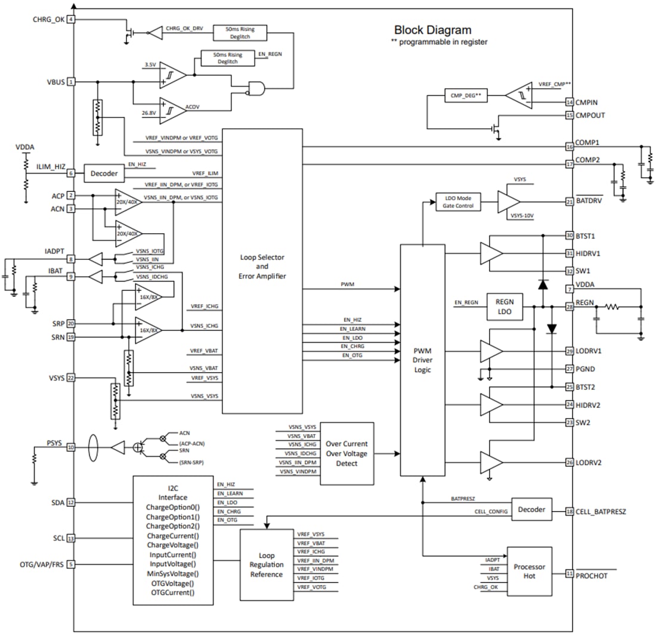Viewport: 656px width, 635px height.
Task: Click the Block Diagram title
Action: pyautogui.click(x=432, y=30)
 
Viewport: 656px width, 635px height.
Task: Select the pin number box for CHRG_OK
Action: pyautogui.click(x=72, y=20)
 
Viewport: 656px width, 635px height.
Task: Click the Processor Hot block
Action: pyautogui.click(x=529, y=571)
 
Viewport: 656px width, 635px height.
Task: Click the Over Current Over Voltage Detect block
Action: pyautogui.click(x=346, y=453)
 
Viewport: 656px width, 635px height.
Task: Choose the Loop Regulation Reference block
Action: pyautogui.click(x=267, y=564)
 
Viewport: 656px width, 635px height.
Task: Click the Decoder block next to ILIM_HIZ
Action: pyautogui.click(x=104, y=173)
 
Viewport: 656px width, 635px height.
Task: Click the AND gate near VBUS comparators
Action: pyautogui.click(x=257, y=88)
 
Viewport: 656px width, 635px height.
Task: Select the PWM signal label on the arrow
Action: pyautogui.click(x=348, y=284)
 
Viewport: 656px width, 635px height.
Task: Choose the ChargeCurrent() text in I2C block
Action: pyautogui.click(x=172, y=535)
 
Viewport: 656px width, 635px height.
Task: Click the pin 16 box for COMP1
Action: pyautogui.click(x=570, y=146)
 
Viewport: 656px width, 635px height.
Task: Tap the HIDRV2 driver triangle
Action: pyautogui.click(x=491, y=405)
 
